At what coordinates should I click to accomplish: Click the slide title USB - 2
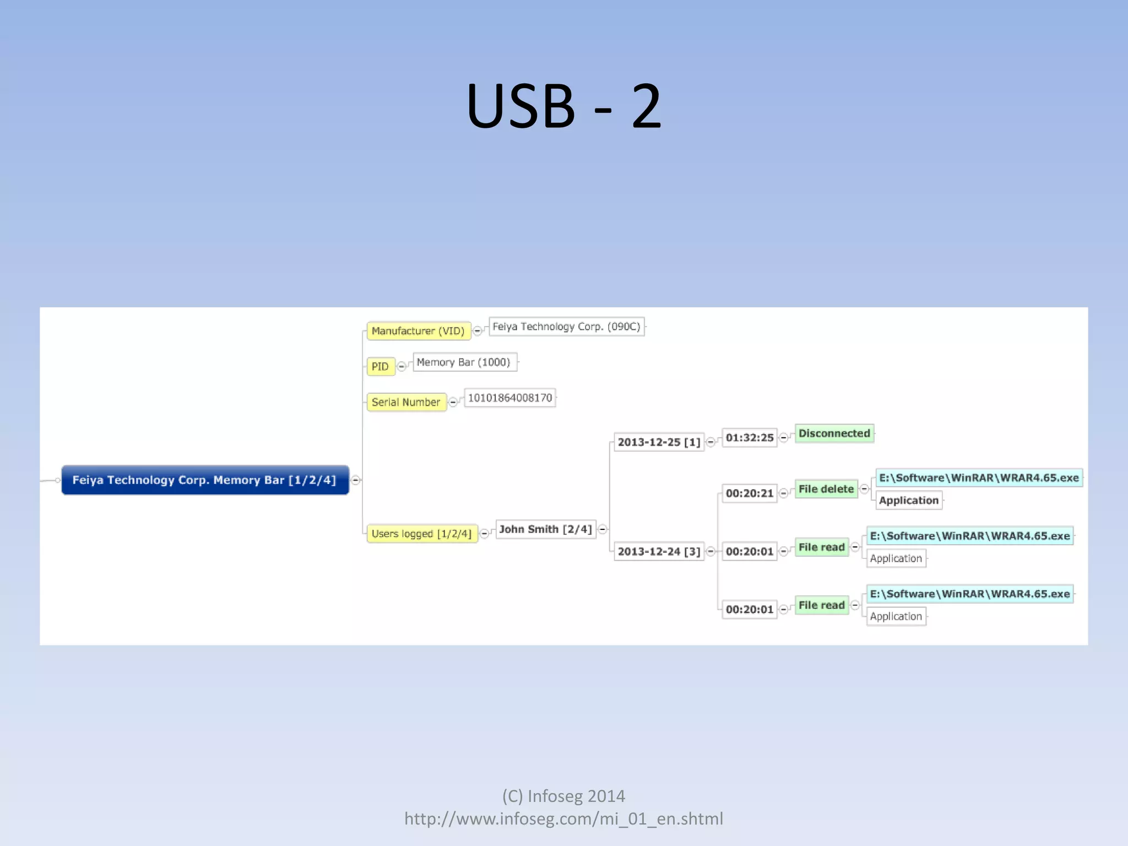(x=563, y=106)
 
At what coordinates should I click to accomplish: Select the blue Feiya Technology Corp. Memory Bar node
(x=205, y=480)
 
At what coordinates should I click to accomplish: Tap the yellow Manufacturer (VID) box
(x=418, y=331)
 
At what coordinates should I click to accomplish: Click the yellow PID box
(x=380, y=366)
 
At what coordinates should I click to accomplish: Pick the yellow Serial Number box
(x=406, y=402)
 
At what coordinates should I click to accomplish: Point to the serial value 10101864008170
(x=510, y=398)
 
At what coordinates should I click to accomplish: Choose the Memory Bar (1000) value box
(x=464, y=362)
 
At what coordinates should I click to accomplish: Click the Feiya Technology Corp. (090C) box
(x=566, y=327)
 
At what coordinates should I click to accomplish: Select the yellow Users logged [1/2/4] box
(x=421, y=534)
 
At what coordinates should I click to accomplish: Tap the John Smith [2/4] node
(x=545, y=529)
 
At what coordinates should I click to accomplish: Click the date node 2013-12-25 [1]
(x=659, y=442)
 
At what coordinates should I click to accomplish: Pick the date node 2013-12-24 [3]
(x=659, y=551)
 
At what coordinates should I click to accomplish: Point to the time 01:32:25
(x=749, y=438)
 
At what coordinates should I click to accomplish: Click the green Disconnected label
(x=834, y=433)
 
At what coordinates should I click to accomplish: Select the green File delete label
(x=826, y=489)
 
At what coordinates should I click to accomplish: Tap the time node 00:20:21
(x=749, y=493)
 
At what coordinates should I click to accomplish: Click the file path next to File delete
(x=979, y=478)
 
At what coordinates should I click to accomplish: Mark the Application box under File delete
(x=908, y=501)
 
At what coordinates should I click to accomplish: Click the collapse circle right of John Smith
(x=603, y=529)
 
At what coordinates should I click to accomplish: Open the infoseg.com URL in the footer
(x=563, y=819)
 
